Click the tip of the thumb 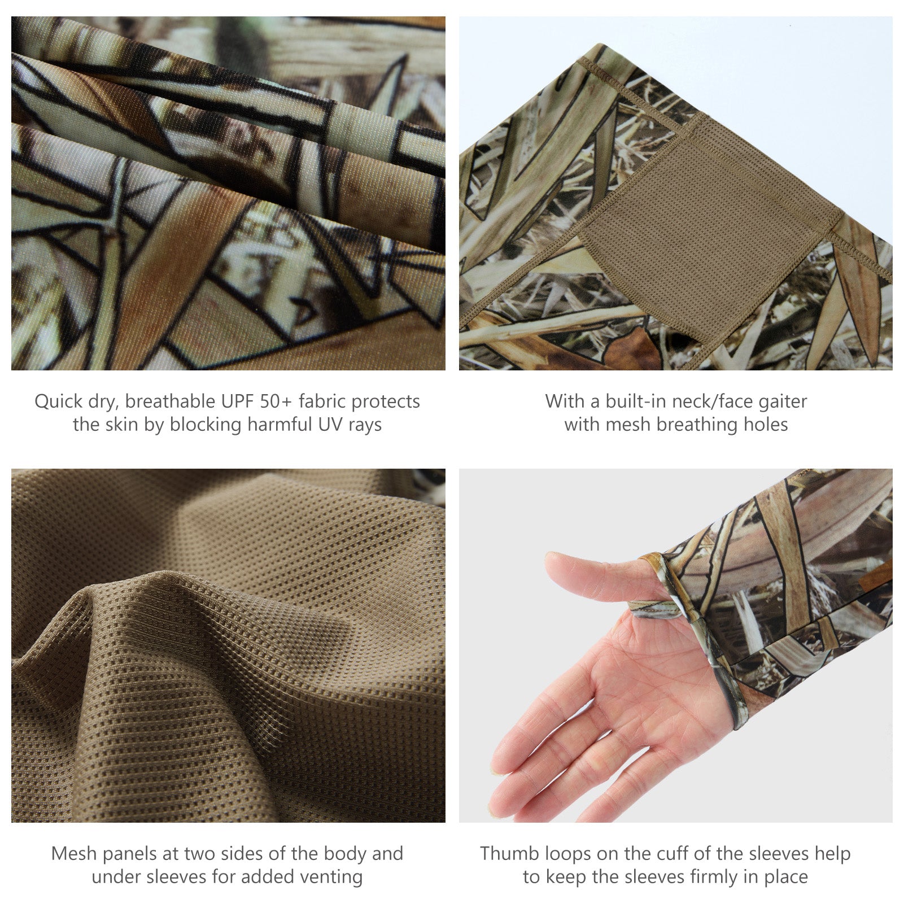(550, 561)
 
